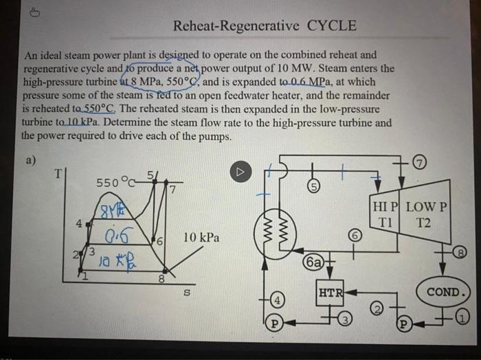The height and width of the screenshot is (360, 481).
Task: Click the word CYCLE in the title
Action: click(x=331, y=27)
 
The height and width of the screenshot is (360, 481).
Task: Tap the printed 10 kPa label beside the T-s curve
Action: click(x=201, y=238)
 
